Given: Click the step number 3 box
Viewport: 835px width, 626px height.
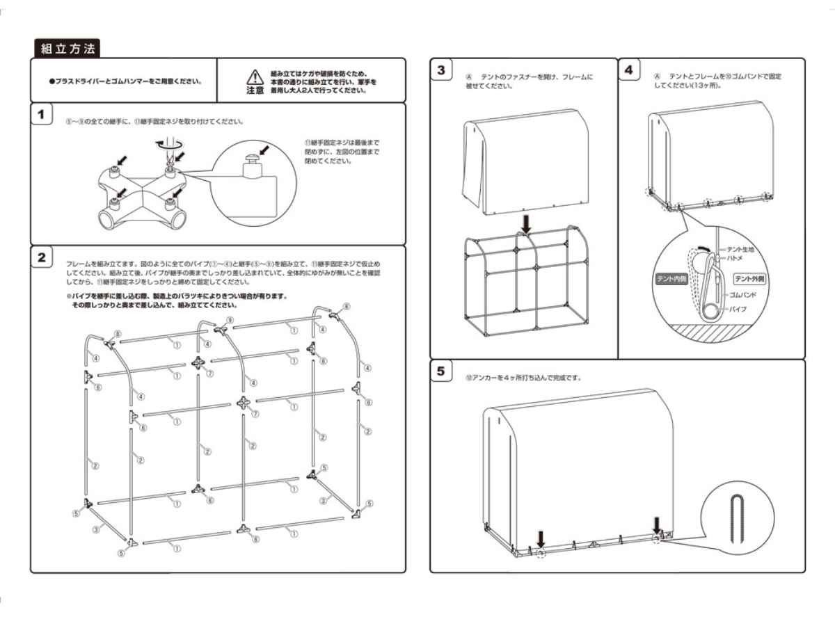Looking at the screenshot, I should (441, 71).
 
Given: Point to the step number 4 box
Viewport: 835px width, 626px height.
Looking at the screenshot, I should (630, 71).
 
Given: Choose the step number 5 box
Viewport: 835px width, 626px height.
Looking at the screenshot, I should (441, 371).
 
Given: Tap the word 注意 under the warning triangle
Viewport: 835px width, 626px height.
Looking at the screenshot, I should (255, 90).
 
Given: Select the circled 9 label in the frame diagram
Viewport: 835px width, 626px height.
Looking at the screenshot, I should (229, 320).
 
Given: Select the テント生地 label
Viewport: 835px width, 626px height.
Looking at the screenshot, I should (739, 248).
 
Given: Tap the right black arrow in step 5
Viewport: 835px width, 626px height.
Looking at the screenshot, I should (658, 523).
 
